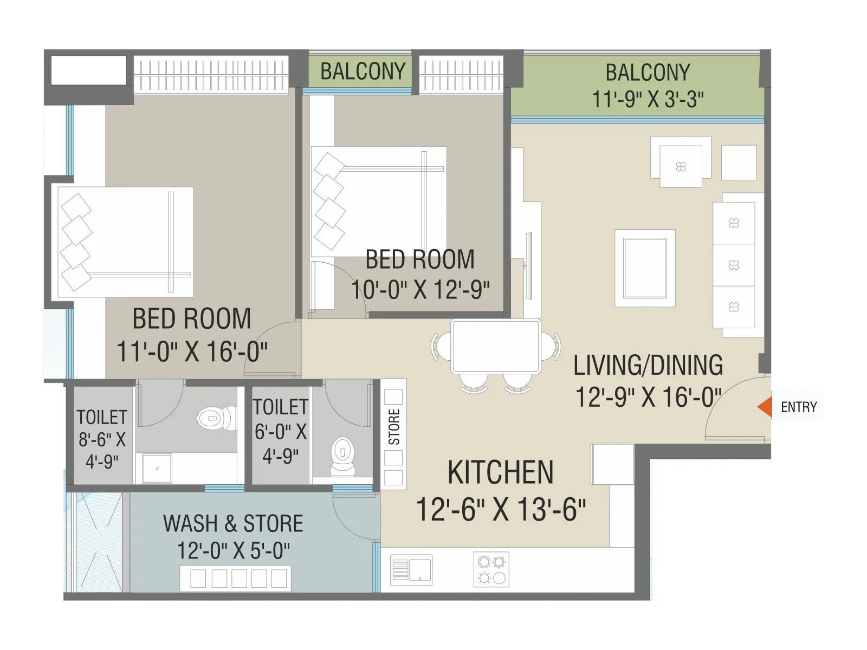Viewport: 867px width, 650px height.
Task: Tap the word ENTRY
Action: coord(798,407)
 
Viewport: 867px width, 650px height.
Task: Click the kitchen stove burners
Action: coord(491,569)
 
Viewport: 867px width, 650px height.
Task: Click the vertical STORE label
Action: coord(394,427)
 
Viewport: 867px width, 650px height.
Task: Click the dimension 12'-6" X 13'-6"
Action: coord(501,510)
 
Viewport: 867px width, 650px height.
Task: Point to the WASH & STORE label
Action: coord(233,524)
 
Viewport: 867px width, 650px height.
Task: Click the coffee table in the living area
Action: coord(645,268)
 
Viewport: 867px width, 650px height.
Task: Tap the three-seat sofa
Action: coord(734,265)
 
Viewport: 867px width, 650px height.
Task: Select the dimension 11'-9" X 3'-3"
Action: coord(648,100)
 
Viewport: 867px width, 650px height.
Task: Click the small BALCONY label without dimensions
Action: coord(363,71)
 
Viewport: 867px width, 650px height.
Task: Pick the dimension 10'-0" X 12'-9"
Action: coord(420,290)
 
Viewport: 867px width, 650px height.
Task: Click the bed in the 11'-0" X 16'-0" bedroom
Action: coord(125,242)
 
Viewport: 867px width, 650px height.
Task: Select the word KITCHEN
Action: coord(501,472)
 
